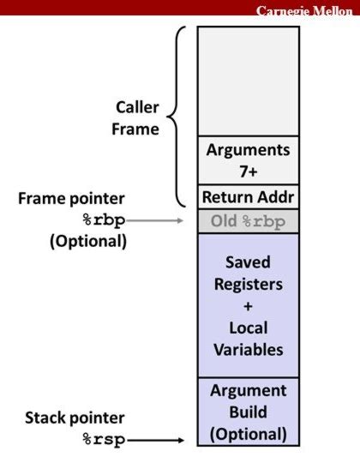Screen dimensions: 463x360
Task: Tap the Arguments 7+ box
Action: coord(249,159)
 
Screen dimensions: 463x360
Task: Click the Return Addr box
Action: coord(249,197)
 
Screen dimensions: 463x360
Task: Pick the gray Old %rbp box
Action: coord(249,221)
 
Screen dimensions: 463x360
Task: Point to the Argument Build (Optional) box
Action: coord(249,412)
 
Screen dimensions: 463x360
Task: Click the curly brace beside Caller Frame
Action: coord(177,116)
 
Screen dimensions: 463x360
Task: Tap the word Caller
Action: coord(138,107)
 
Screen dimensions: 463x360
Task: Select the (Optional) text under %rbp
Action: coord(86,241)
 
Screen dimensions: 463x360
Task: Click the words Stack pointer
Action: coord(74,418)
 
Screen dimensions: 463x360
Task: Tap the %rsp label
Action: coord(102,440)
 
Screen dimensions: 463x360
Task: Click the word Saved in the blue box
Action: coord(249,261)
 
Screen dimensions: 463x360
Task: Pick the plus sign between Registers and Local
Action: coord(249,305)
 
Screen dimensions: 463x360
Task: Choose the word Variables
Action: coord(249,350)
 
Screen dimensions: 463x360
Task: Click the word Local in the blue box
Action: coord(249,328)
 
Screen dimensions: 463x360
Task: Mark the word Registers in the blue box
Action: coord(249,283)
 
